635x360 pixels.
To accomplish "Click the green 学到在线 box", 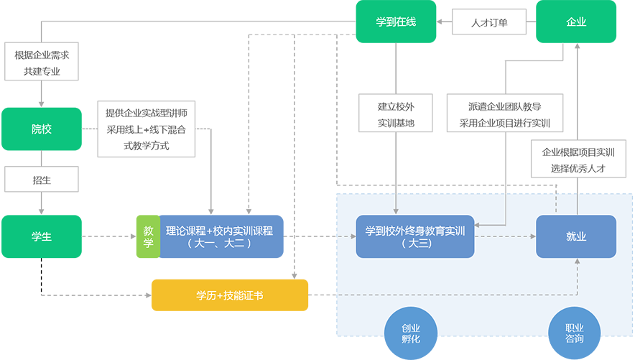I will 396,23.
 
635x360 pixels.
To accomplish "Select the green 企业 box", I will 576,23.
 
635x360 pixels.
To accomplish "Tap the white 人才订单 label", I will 489,23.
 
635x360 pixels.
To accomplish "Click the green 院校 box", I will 42,129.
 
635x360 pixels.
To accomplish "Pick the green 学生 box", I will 42,236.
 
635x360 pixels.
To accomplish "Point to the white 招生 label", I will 42,179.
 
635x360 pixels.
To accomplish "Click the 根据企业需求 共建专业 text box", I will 42,63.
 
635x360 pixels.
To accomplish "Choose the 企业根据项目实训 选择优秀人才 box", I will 578,160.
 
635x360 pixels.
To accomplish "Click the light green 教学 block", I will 149,236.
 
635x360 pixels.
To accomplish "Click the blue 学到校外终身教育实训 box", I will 416,236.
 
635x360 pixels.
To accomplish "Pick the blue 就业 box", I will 576,236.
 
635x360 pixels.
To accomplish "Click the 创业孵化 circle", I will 411,333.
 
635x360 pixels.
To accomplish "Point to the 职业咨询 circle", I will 575,333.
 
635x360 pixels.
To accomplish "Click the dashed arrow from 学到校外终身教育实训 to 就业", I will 506,236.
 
